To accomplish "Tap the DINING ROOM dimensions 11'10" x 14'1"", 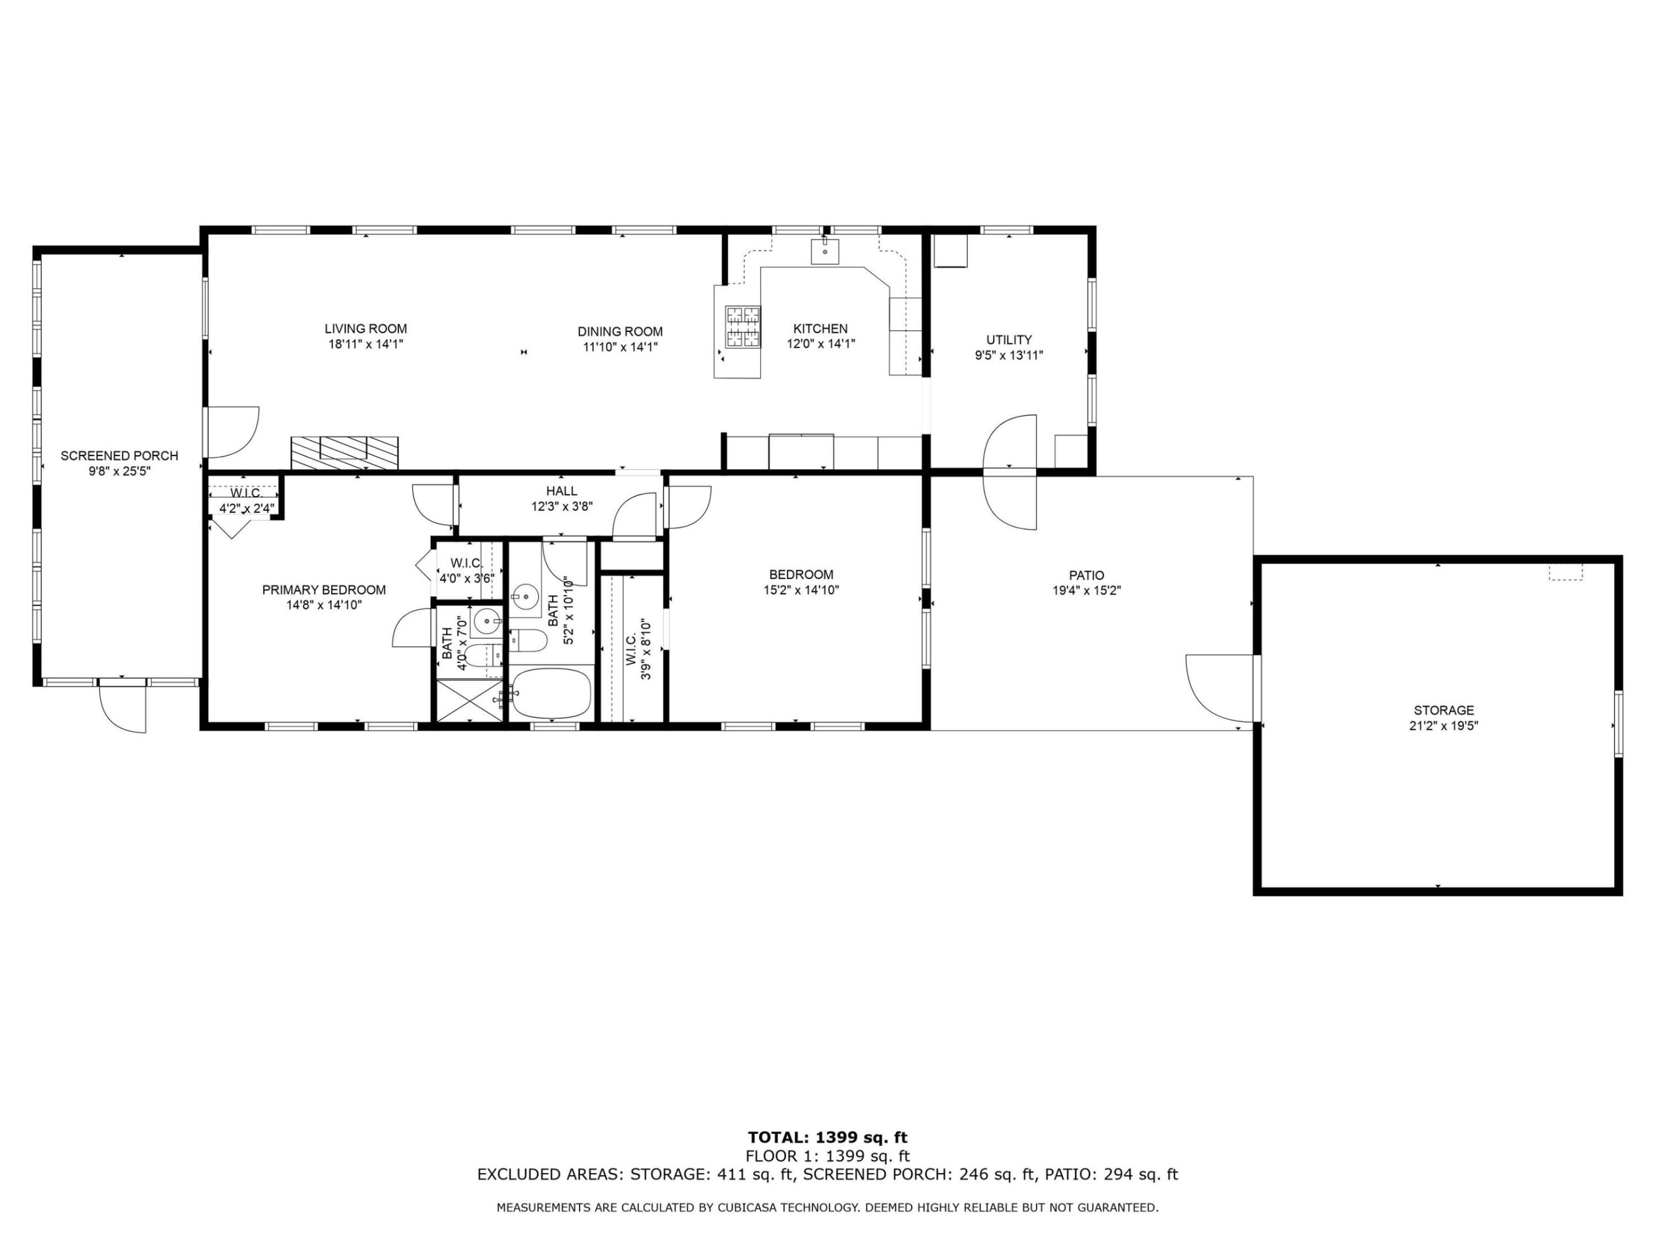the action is coord(620,347).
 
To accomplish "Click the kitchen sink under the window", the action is coord(824,251).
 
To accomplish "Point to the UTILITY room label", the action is coord(1009,340).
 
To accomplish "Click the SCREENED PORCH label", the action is coord(119,456).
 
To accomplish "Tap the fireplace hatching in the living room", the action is coord(344,453).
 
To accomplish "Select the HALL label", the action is coord(561,491).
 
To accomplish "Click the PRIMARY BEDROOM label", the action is coord(324,590).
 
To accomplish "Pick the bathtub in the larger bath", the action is coord(552,694).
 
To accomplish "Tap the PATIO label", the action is coord(1086,576).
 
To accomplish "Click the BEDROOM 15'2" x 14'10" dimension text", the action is coord(800,590).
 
